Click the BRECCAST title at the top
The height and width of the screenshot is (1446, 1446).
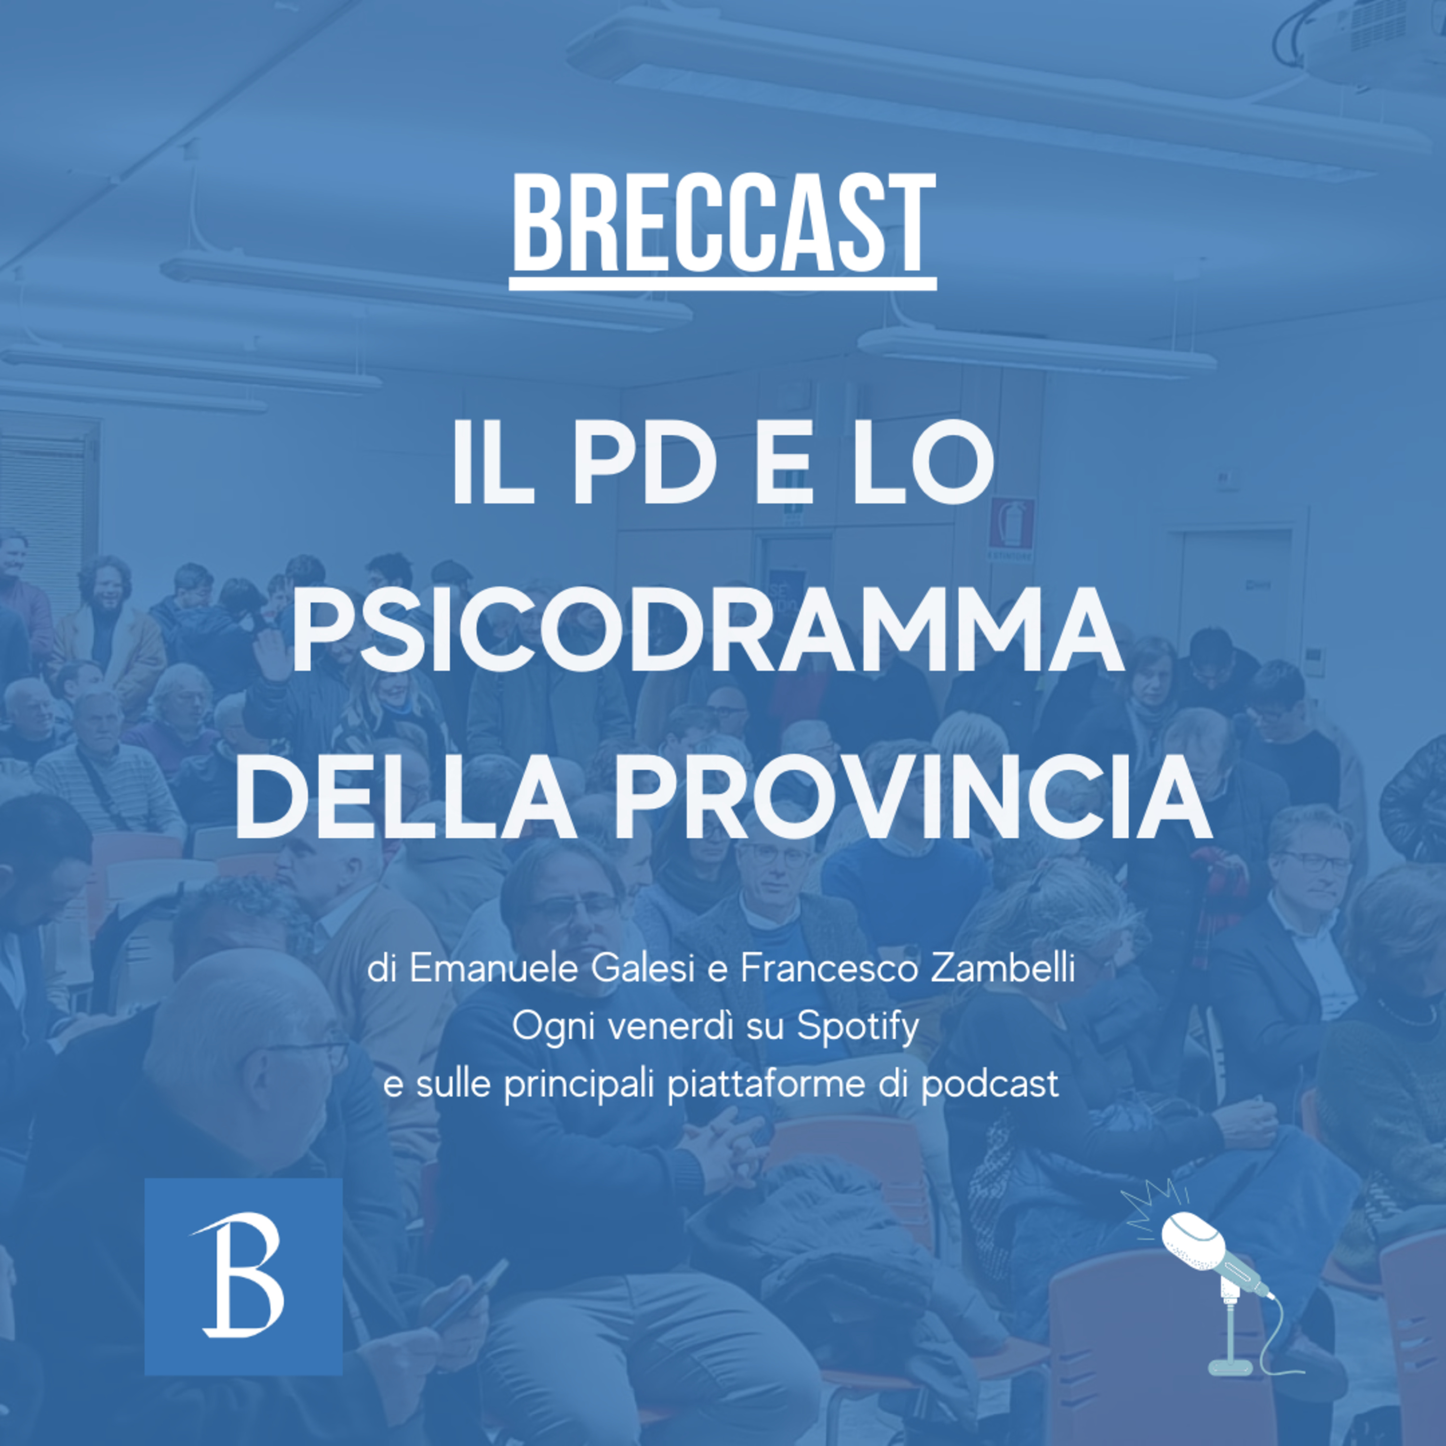723,225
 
